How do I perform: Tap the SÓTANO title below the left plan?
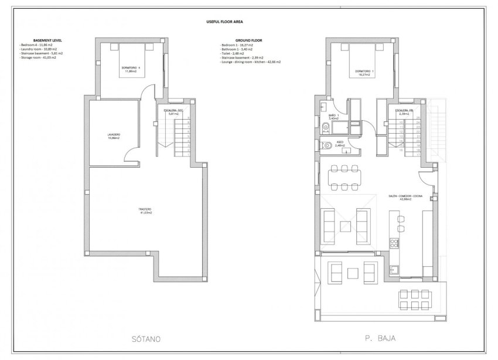(x=144, y=339)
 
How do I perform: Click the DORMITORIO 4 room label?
(x=131, y=69)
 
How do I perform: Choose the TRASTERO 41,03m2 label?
(x=145, y=210)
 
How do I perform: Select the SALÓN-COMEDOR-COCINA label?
(x=403, y=198)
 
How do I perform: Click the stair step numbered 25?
(x=418, y=118)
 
